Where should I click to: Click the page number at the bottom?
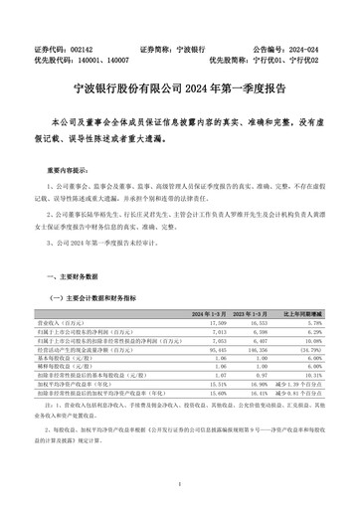(179, 485)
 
